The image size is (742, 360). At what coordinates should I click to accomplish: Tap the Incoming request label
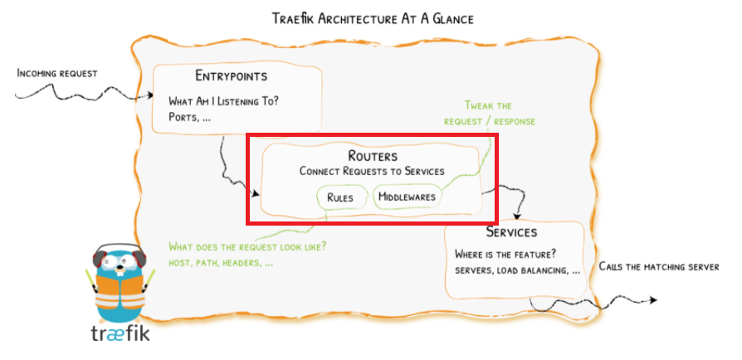[x=57, y=74]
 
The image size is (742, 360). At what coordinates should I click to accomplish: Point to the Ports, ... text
[x=189, y=118]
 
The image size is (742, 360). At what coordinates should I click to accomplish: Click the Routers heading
[x=373, y=156]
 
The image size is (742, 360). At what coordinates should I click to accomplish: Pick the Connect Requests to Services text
[x=372, y=171]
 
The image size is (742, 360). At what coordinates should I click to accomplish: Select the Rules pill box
[x=342, y=197]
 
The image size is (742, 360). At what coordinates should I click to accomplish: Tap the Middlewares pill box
[x=406, y=197]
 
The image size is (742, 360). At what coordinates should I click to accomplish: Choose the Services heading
[x=511, y=232]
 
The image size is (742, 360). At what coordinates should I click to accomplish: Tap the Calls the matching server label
[x=659, y=267]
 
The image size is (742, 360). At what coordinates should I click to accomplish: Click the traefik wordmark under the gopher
[x=120, y=334]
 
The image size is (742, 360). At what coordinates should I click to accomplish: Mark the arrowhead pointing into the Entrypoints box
[x=150, y=96]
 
